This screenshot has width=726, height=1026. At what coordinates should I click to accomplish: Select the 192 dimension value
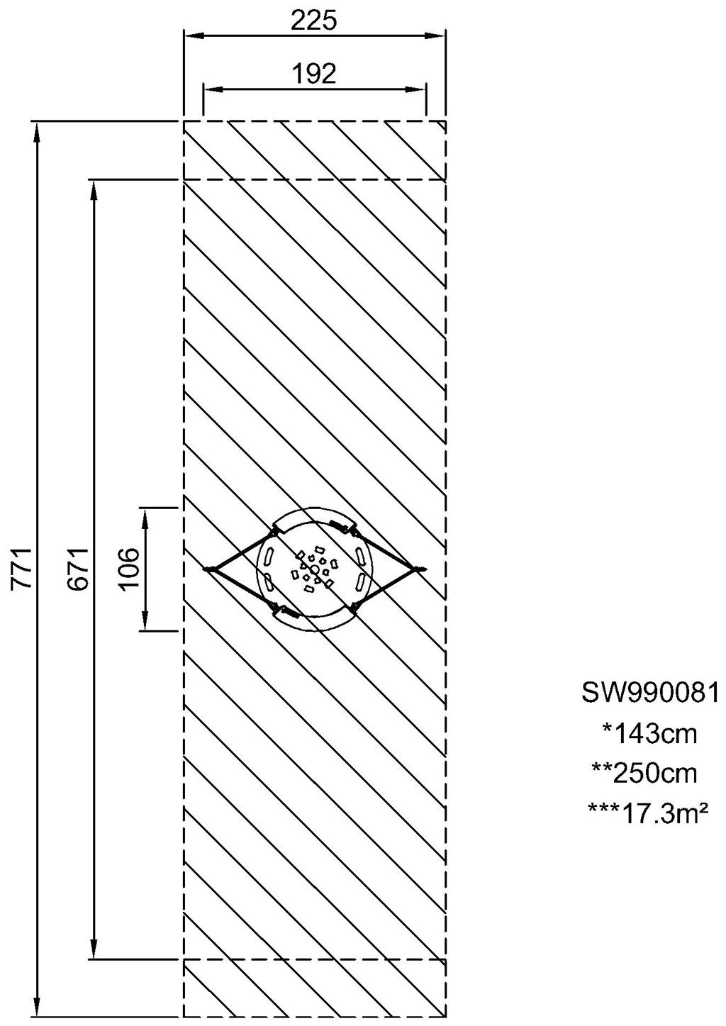coord(314,74)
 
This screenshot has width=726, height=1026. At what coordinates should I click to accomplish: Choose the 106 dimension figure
coord(128,569)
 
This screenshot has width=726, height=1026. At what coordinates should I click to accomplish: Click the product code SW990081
coord(650,692)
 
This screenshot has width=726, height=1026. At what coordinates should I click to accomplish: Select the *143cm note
coord(649,733)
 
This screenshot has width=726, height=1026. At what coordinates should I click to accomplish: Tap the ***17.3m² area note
coord(648,811)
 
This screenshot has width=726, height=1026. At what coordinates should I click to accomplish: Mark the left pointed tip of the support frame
coord(206,569)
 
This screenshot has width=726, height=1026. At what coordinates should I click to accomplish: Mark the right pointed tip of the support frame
coord(423,569)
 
